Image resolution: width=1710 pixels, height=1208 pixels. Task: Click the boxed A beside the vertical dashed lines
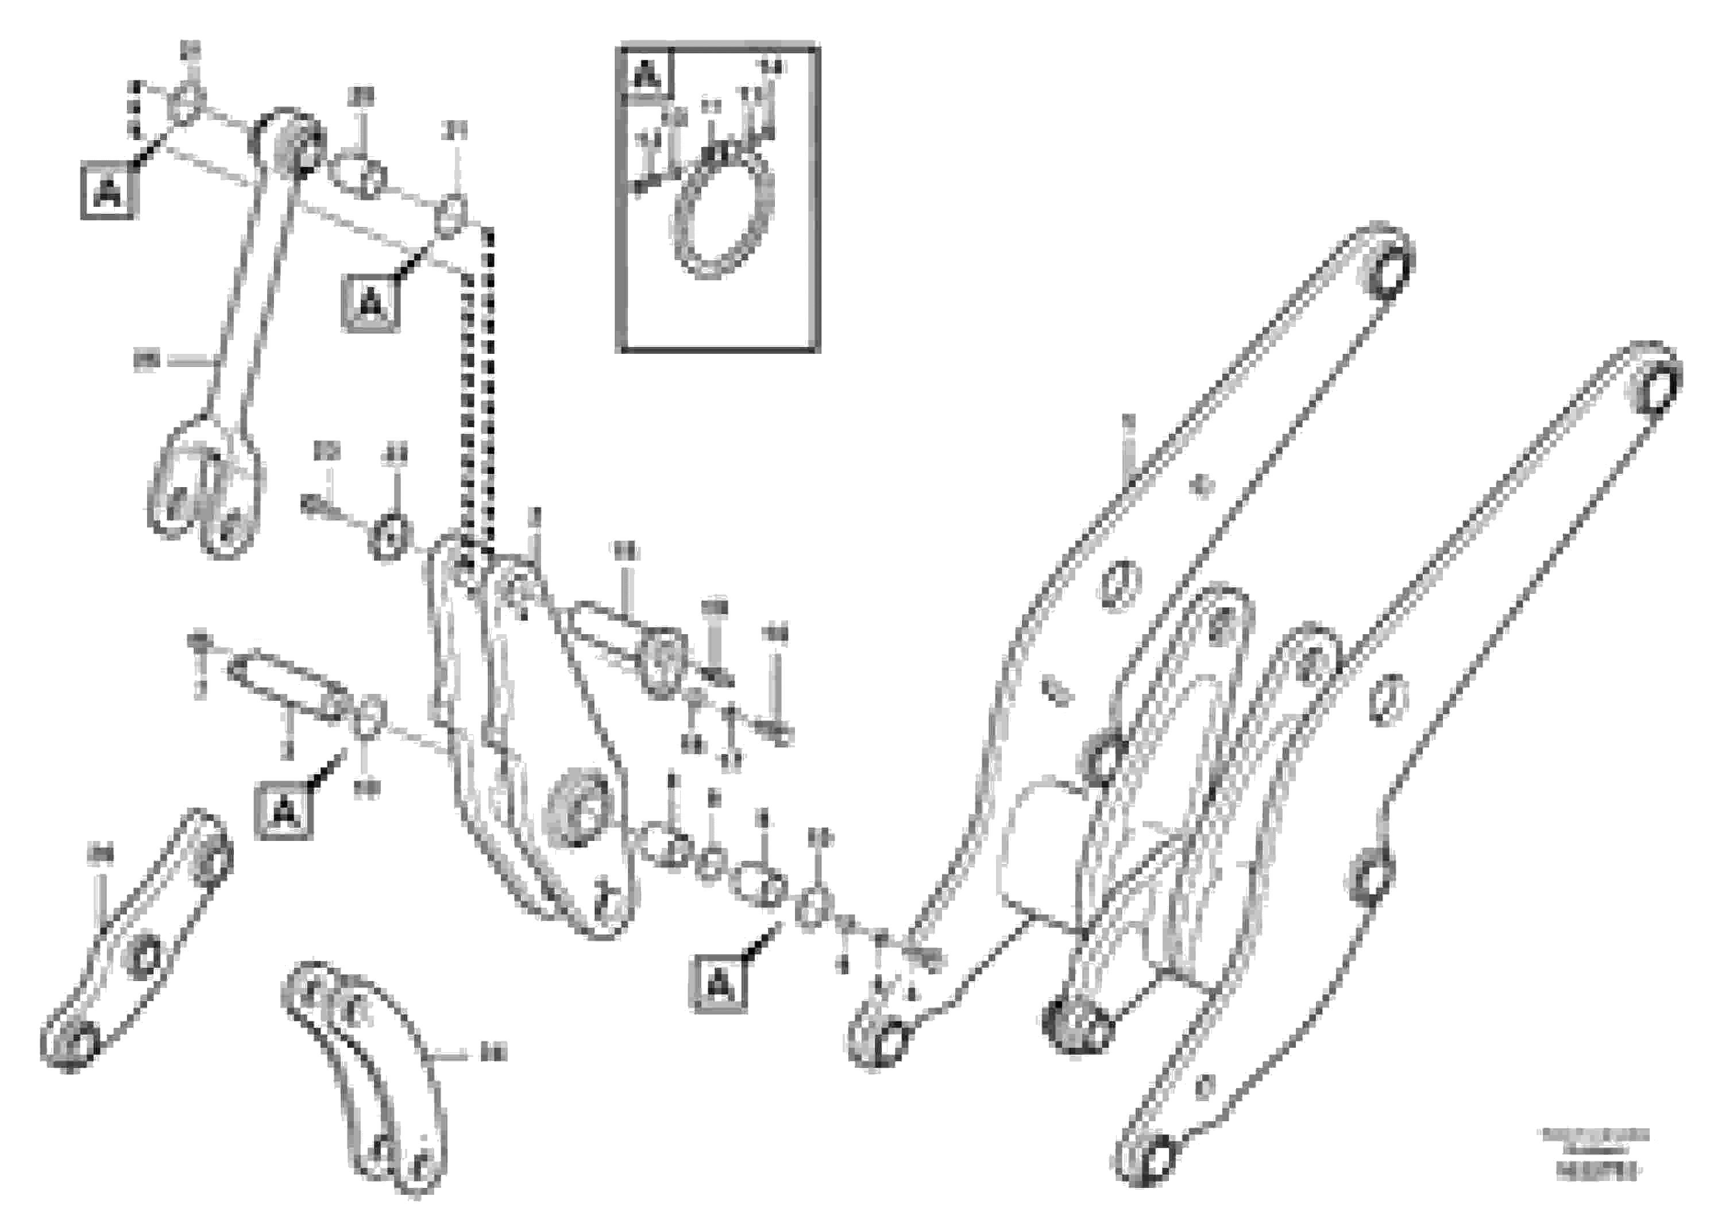tap(370, 304)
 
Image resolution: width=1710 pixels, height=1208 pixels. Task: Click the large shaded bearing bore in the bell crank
tap(577, 813)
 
